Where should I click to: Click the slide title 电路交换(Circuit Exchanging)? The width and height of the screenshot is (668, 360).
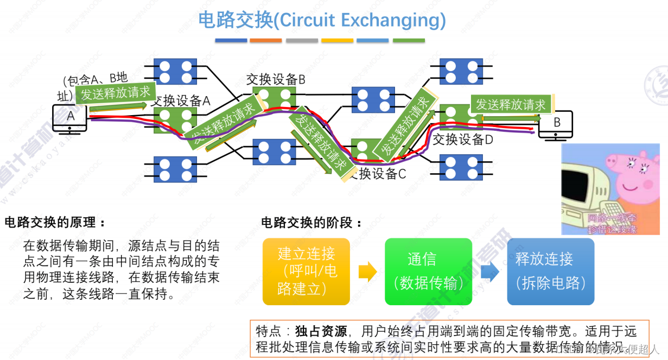pos(322,20)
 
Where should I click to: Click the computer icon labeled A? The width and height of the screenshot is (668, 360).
pos(70,118)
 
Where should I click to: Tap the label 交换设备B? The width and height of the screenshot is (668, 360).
pos(276,79)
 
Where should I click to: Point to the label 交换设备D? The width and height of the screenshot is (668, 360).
pos(462,140)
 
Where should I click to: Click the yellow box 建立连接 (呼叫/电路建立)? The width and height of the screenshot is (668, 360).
pos(306,271)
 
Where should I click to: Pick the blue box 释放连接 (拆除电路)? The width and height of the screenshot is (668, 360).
pos(550,271)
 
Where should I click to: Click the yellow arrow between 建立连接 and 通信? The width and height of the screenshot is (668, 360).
pos(367,271)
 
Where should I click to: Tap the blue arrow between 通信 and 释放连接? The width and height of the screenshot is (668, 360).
pos(489,271)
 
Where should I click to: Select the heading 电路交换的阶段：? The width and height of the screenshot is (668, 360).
pos(312,223)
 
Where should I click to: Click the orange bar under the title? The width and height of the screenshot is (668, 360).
pos(266,40)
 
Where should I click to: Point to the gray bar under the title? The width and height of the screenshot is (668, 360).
pos(302,40)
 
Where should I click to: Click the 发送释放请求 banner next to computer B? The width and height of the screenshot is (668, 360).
pos(511,104)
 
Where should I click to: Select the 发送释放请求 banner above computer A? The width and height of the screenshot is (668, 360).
pos(116,93)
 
